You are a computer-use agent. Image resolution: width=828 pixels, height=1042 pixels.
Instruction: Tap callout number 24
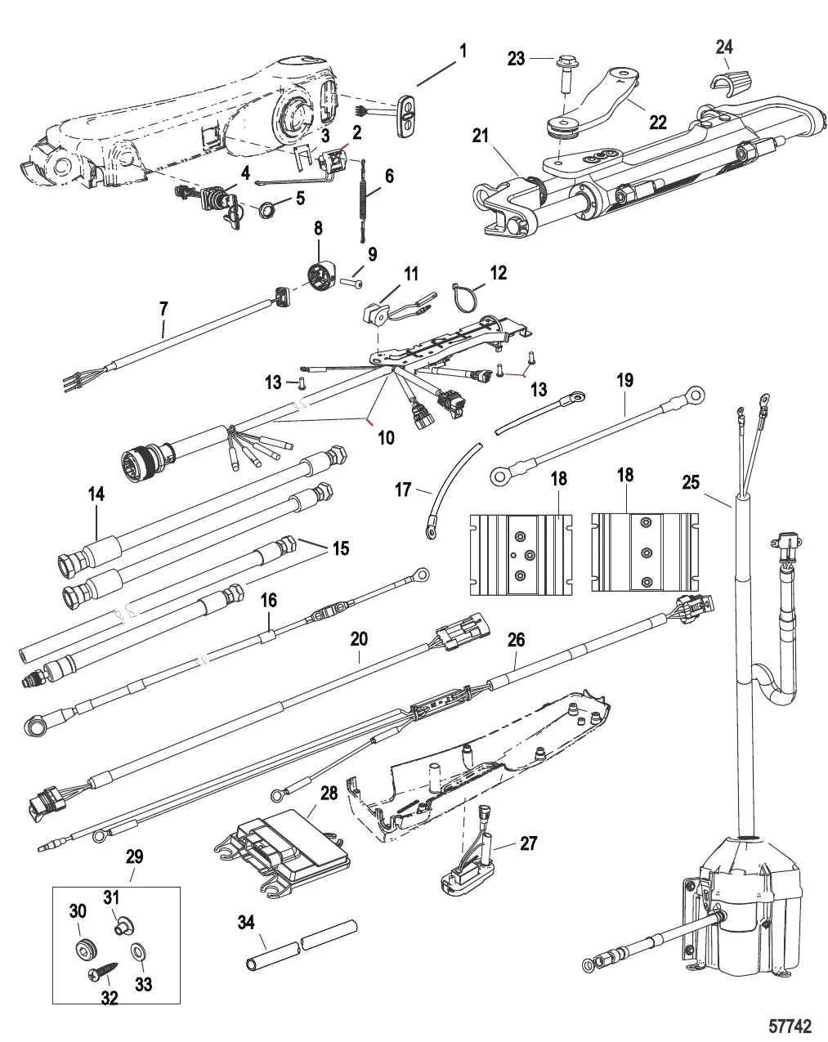point(724,47)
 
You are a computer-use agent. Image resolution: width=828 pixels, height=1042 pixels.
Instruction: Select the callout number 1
point(463,51)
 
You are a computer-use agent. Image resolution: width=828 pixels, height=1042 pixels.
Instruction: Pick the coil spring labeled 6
point(363,199)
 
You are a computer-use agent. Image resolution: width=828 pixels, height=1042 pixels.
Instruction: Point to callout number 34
point(245,922)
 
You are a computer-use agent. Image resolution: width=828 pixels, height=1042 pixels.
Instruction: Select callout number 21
point(480,136)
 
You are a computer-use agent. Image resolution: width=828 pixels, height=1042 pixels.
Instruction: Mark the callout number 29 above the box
point(134,857)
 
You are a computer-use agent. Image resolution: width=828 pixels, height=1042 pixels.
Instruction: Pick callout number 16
point(269,601)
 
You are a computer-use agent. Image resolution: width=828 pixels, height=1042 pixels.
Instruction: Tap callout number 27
point(528,843)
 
